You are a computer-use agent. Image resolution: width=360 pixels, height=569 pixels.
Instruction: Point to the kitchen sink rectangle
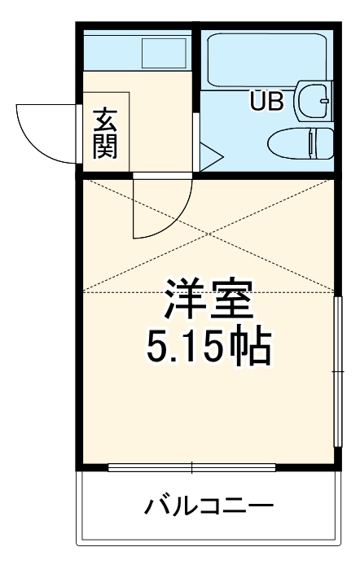(x=165, y=53)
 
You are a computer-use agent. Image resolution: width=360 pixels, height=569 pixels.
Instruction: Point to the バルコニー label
(x=209, y=507)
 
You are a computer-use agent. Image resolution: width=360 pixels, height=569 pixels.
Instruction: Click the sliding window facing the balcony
(x=192, y=468)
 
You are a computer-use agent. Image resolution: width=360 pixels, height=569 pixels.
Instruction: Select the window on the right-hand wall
(x=336, y=370)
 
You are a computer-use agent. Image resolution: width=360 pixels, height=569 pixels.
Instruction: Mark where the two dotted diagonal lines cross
(x=209, y=235)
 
